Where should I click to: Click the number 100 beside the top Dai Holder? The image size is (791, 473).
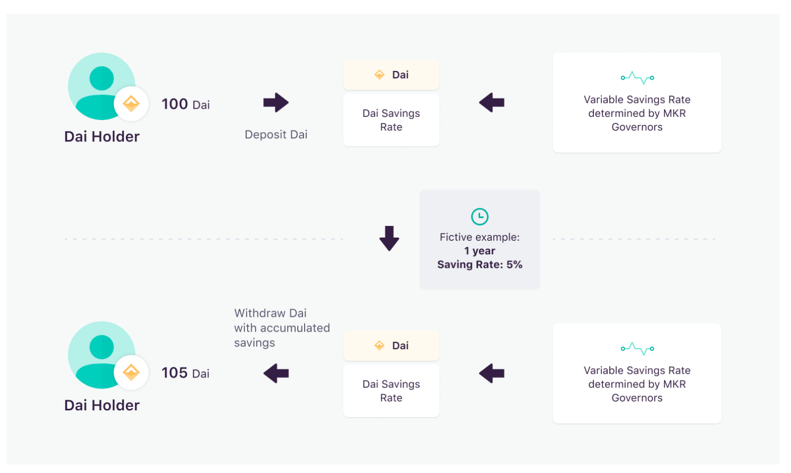coord(175,104)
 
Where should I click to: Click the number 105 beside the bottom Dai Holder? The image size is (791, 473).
coord(175,373)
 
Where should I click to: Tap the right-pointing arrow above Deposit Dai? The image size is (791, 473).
coord(276,103)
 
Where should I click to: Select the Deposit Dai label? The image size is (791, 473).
coord(276,135)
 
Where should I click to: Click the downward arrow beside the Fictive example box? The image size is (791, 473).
coord(389,239)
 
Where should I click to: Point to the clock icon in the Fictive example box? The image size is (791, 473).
coord(480,216)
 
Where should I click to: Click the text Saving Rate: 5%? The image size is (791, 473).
coord(480,264)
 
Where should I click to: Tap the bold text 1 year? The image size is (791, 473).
coord(480,251)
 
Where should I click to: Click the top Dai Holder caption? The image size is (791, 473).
coord(102,137)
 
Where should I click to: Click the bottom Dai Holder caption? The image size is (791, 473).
coord(102,405)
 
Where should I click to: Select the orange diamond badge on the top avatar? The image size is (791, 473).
coord(131,104)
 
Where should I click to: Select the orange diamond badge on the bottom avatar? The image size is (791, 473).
coord(131,372)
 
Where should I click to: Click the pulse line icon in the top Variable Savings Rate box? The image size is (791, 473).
coord(637,78)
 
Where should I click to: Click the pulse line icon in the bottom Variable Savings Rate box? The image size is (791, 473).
coord(637,349)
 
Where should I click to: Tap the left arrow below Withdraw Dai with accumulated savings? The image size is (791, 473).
coord(276,373)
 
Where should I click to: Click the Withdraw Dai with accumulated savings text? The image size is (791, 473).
coord(282,328)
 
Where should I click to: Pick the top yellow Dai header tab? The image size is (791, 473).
coord(391,75)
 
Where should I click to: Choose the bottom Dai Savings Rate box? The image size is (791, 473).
coord(391,391)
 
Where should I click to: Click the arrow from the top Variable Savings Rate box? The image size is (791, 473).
coord(492,103)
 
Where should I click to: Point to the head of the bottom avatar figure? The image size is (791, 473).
coord(102,347)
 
